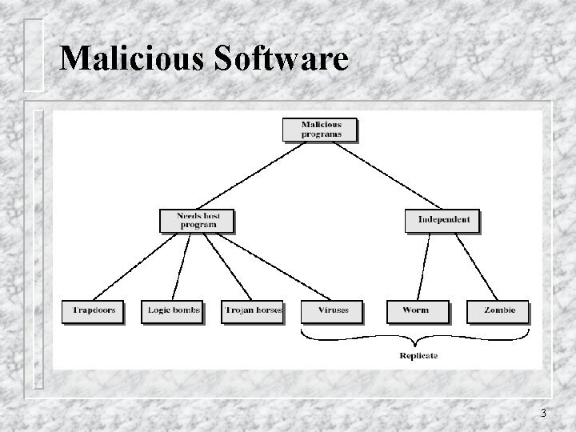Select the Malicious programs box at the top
pos(320,130)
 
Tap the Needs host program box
pos(197,221)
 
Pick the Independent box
pos(442,220)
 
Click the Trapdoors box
pos(93,310)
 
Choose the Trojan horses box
pos(252,310)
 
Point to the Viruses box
pos(331,310)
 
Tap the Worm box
pos(417,310)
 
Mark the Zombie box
pos(497,310)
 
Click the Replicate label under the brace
pos(418,355)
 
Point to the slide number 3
pos(543,414)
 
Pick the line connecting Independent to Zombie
pos(477,266)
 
